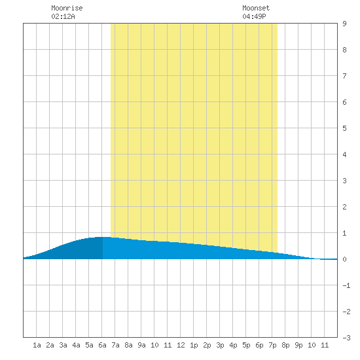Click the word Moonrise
(67, 8)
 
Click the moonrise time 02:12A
(63, 16)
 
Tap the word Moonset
(256, 8)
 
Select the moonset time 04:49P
(254, 16)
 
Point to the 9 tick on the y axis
(344, 24)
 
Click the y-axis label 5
(344, 128)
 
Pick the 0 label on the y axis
(344, 259)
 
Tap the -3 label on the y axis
(346, 338)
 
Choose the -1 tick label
(346, 285)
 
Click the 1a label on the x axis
(37, 345)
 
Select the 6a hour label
(102, 345)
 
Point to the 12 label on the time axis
(181, 345)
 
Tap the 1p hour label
(194, 345)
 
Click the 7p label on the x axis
(272, 345)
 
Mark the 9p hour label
(298, 345)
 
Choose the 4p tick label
(233, 345)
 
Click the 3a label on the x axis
(63, 345)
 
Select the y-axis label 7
(344, 76)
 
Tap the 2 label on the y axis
(344, 207)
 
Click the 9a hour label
(141, 345)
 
